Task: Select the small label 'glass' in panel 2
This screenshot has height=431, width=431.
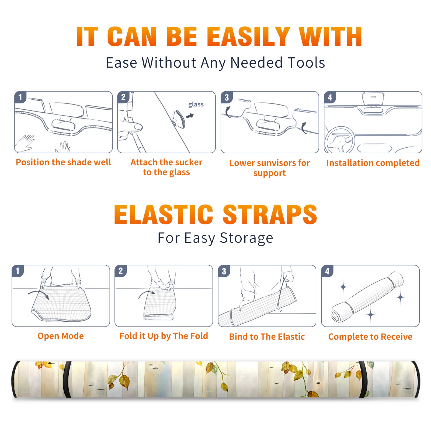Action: (196, 105)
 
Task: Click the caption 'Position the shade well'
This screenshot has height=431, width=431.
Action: (63, 162)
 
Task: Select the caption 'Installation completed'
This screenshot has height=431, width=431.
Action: (373, 163)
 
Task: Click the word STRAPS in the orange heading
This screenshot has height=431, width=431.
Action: (270, 214)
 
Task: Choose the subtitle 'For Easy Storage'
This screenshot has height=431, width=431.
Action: (215, 238)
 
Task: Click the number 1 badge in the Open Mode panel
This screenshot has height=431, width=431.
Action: (18, 271)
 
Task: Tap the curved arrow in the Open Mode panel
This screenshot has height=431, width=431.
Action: (39, 294)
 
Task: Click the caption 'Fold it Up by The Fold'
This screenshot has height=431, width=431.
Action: (164, 336)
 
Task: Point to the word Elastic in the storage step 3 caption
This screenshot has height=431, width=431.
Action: (291, 337)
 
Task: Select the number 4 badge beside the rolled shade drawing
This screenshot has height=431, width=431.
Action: (327, 271)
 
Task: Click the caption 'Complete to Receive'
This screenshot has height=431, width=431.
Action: (370, 337)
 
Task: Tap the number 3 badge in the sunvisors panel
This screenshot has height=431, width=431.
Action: (227, 97)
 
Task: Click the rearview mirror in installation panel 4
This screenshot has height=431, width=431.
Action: (373, 99)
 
